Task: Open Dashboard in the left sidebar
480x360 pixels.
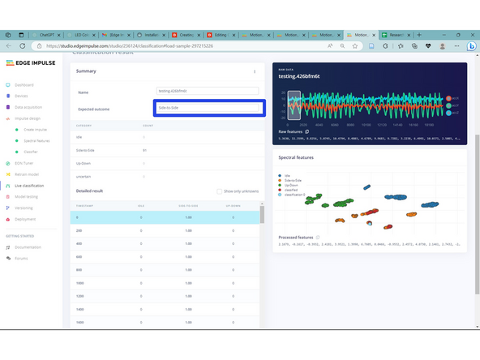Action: tap(24, 84)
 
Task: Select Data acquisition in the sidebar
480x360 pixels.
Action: tap(28, 107)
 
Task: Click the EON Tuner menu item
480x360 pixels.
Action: tap(24, 163)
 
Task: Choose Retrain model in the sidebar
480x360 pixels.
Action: tap(27, 174)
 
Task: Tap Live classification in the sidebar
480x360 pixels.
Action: tap(29, 186)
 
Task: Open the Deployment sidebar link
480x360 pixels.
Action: tap(25, 219)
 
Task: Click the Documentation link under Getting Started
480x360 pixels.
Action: tap(28, 247)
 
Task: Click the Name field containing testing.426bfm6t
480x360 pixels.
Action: tap(208, 92)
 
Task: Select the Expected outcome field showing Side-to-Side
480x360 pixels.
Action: tap(208, 108)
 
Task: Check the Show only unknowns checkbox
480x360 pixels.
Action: tap(219, 191)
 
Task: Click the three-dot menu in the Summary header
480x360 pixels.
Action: tap(255, 71)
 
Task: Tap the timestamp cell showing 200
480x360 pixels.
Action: tap(80, 230)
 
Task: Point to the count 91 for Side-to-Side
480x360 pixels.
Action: tap(144, 150)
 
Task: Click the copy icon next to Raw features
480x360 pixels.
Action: tap(307, 131)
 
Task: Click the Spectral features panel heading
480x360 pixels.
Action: tap(297, 157)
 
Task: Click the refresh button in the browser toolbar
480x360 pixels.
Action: tap(23, 46)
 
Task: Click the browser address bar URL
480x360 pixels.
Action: tap(130, 46)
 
